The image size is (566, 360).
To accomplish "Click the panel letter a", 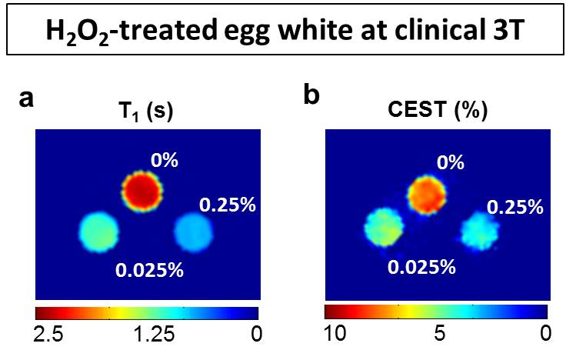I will tap(27, 98).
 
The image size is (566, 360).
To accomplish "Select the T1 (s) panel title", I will tap(145, 112).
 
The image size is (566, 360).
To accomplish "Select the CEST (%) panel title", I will tap(436, 112).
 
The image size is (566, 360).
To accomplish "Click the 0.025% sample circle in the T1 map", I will tap(100, 229).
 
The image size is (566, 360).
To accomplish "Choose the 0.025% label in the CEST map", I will tap(422, 267).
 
